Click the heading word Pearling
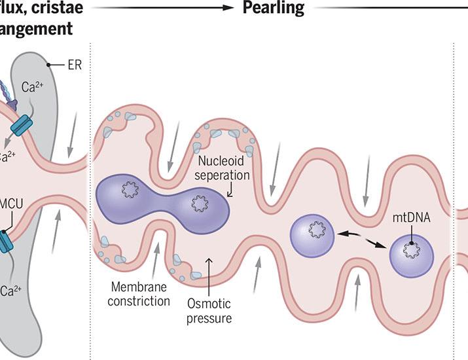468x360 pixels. [x=274, y=9]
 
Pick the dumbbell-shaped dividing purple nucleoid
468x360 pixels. [x=164, y=198]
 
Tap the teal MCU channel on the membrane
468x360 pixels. [x=6, y=241]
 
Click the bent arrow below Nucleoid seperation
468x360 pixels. [x=229, y=192]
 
